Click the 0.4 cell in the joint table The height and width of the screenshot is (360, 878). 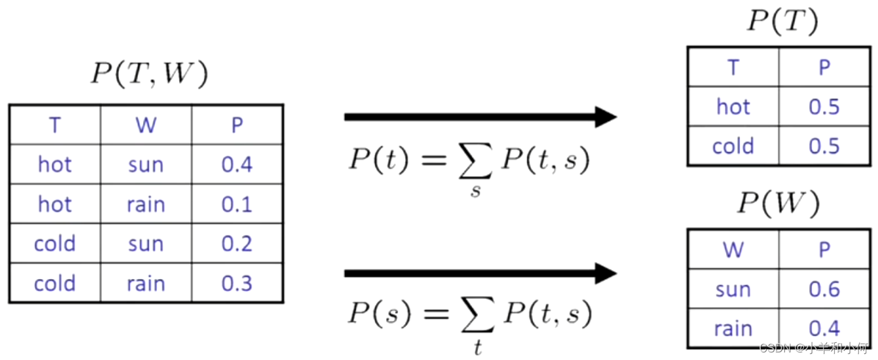(x=237, y=164)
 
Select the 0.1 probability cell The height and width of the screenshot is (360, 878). (x=237, y=204)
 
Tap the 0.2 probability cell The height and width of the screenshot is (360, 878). (x=237, y=244)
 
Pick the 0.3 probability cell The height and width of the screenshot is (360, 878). (x=237, y=283)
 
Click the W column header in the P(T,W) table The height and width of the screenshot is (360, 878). (x=146, y=125)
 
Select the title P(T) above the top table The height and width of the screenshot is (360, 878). (x=782, y=22)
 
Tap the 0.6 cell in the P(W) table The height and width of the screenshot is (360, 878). (x=824, y=289)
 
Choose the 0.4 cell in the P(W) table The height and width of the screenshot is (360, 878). (x=824, y=328)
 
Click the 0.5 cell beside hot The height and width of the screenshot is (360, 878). (x=824, y=106)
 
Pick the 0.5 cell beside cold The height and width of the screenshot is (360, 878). (x=824, y=146)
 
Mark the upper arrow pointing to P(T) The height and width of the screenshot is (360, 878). (x=480, y=117)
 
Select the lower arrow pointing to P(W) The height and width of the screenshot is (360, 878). (x=480, y=273)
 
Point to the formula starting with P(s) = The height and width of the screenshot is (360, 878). (x=468, y=316)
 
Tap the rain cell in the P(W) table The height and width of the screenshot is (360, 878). (x=733, y=328)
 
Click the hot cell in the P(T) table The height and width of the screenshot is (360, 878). (x=733, y=106)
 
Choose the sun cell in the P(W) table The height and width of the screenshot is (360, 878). (x=733, y=289)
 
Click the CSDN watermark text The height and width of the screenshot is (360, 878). (x=813, y=347)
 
